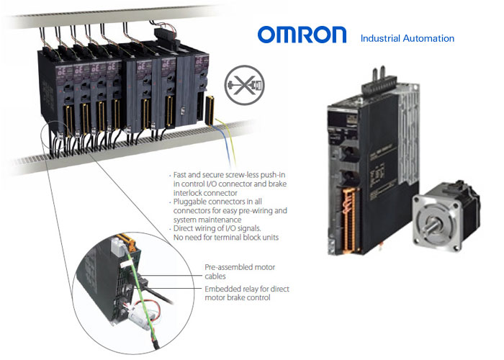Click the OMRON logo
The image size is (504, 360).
pyautogui.click(x=302, y=35)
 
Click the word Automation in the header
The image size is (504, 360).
pyautogui.click(x=428, y=39)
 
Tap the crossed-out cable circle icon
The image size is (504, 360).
pyautogui.click(x=244, y=85)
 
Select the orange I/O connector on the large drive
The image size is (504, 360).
pyautogui.click(x=349, y=220)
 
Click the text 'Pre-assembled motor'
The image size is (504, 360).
pyautogui.click(x=240, y=267)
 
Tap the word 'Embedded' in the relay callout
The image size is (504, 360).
pyautogui.click(x=220, y=289)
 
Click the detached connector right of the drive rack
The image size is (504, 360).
pyautogui.click(x=210, y=110)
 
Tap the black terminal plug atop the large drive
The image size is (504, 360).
pyautogui.click(x=379, y=84)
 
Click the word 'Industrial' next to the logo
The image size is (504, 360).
pyautogui.click(x=380, y=39)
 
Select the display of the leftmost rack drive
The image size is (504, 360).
pyautogui.click(x=61, y=70)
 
